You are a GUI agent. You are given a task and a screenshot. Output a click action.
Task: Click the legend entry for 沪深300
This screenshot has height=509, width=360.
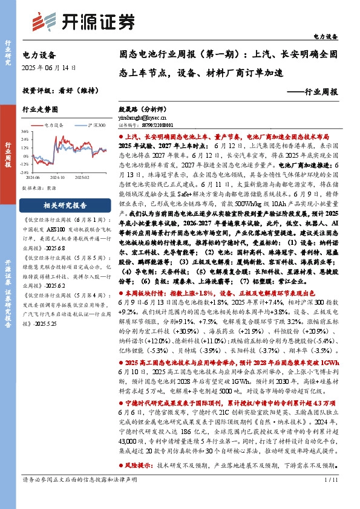pyautogui.click(x=93, y=125)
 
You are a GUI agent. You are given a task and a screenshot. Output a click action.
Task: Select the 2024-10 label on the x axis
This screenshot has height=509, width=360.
pyautogui.click(x=57, y=177)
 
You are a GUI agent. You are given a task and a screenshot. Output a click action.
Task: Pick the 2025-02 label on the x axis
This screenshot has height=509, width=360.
pyautogui.click(x=82, y=177)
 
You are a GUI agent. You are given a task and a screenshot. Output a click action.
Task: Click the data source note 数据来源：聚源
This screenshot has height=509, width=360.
pyautogui.click(x=40, y=188)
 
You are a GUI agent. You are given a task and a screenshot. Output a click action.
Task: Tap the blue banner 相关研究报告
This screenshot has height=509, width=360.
pyautogui.click(x=64, y=206)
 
